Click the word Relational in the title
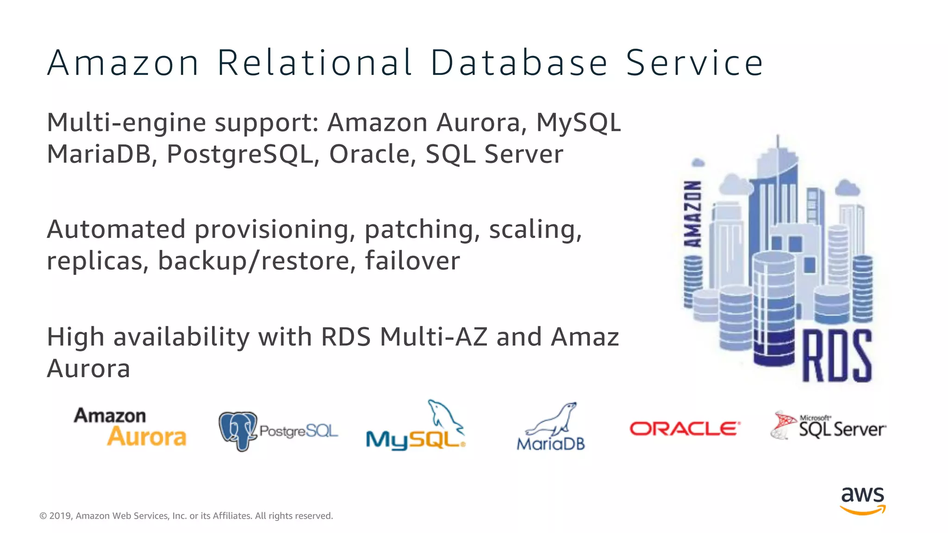314,63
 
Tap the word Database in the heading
519,63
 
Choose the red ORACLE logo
685,428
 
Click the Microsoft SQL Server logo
829,426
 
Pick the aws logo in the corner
862,500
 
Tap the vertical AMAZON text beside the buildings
693,213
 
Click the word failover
412,261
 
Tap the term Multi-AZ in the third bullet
434,337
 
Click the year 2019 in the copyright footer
60,516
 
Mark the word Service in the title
694,63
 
